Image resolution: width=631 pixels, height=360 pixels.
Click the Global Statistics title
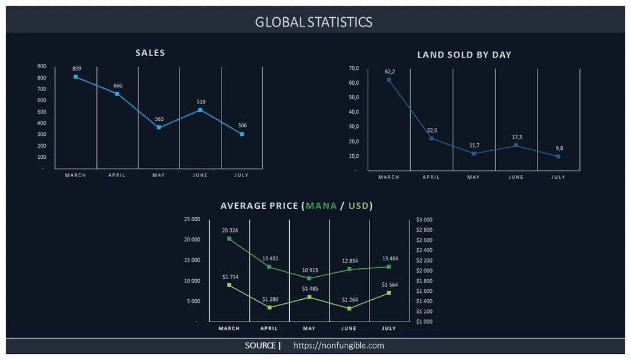(x=314, y=22)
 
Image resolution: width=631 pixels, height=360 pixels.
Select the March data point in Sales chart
(x=76, y=77)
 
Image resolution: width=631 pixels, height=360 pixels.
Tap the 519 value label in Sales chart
(x=201, y=101)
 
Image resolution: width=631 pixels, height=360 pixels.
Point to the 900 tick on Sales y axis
(x=42, y=66)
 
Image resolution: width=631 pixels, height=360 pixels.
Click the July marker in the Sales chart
(x=242, y=134)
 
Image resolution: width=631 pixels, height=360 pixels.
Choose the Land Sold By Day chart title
(x=464, y=55)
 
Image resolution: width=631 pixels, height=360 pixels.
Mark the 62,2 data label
(x=389, y=72)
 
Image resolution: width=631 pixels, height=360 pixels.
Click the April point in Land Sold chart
(x=431, y=138)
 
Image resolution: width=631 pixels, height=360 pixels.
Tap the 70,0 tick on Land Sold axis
(x=353, y=68)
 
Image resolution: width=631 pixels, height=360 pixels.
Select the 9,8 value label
(x=558, y=148)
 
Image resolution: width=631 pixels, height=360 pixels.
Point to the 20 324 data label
(x=230, y=230)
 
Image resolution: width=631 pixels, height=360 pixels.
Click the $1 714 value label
(x=230, y=277)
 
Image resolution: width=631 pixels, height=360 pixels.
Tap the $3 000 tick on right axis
(x=424, y=220)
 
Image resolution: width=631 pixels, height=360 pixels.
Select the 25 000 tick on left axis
(x=192, y=220)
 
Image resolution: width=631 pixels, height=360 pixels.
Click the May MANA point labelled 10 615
(x=310, y=278)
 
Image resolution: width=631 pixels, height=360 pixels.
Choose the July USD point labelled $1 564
(x=389, y=293)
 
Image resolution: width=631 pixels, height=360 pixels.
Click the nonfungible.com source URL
(x=338, y=346)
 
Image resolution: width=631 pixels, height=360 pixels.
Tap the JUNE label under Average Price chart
(x=349, y=328)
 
